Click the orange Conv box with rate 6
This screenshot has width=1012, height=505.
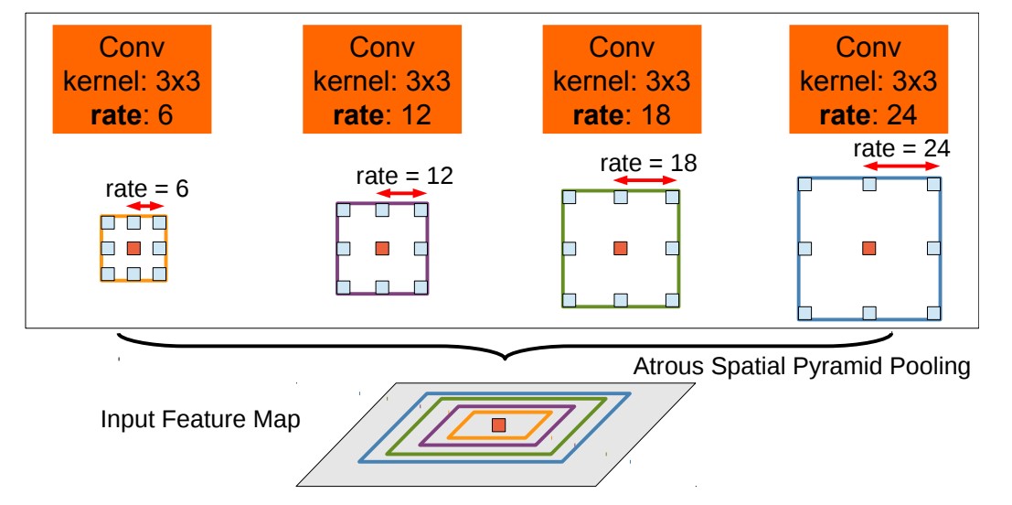132,80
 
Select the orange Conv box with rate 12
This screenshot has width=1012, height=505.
381,80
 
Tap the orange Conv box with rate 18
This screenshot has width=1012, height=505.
622,80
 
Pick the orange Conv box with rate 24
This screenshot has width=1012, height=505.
868,80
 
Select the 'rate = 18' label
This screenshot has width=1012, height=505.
648,163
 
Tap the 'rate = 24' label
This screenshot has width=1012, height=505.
901,148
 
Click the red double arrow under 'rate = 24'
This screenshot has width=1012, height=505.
901,167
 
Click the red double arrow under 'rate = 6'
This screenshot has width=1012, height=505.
146,208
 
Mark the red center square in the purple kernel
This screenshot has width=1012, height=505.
382,248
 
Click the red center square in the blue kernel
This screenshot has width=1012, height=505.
868,248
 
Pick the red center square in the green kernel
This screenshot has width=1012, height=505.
621,248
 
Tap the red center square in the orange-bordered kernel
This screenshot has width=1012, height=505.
133,248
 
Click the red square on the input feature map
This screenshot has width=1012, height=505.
498,424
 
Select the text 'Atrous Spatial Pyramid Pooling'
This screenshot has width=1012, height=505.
801,369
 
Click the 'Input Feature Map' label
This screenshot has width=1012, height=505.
200,421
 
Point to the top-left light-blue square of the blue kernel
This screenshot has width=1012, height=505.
804,184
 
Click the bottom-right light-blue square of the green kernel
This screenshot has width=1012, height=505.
673,300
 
